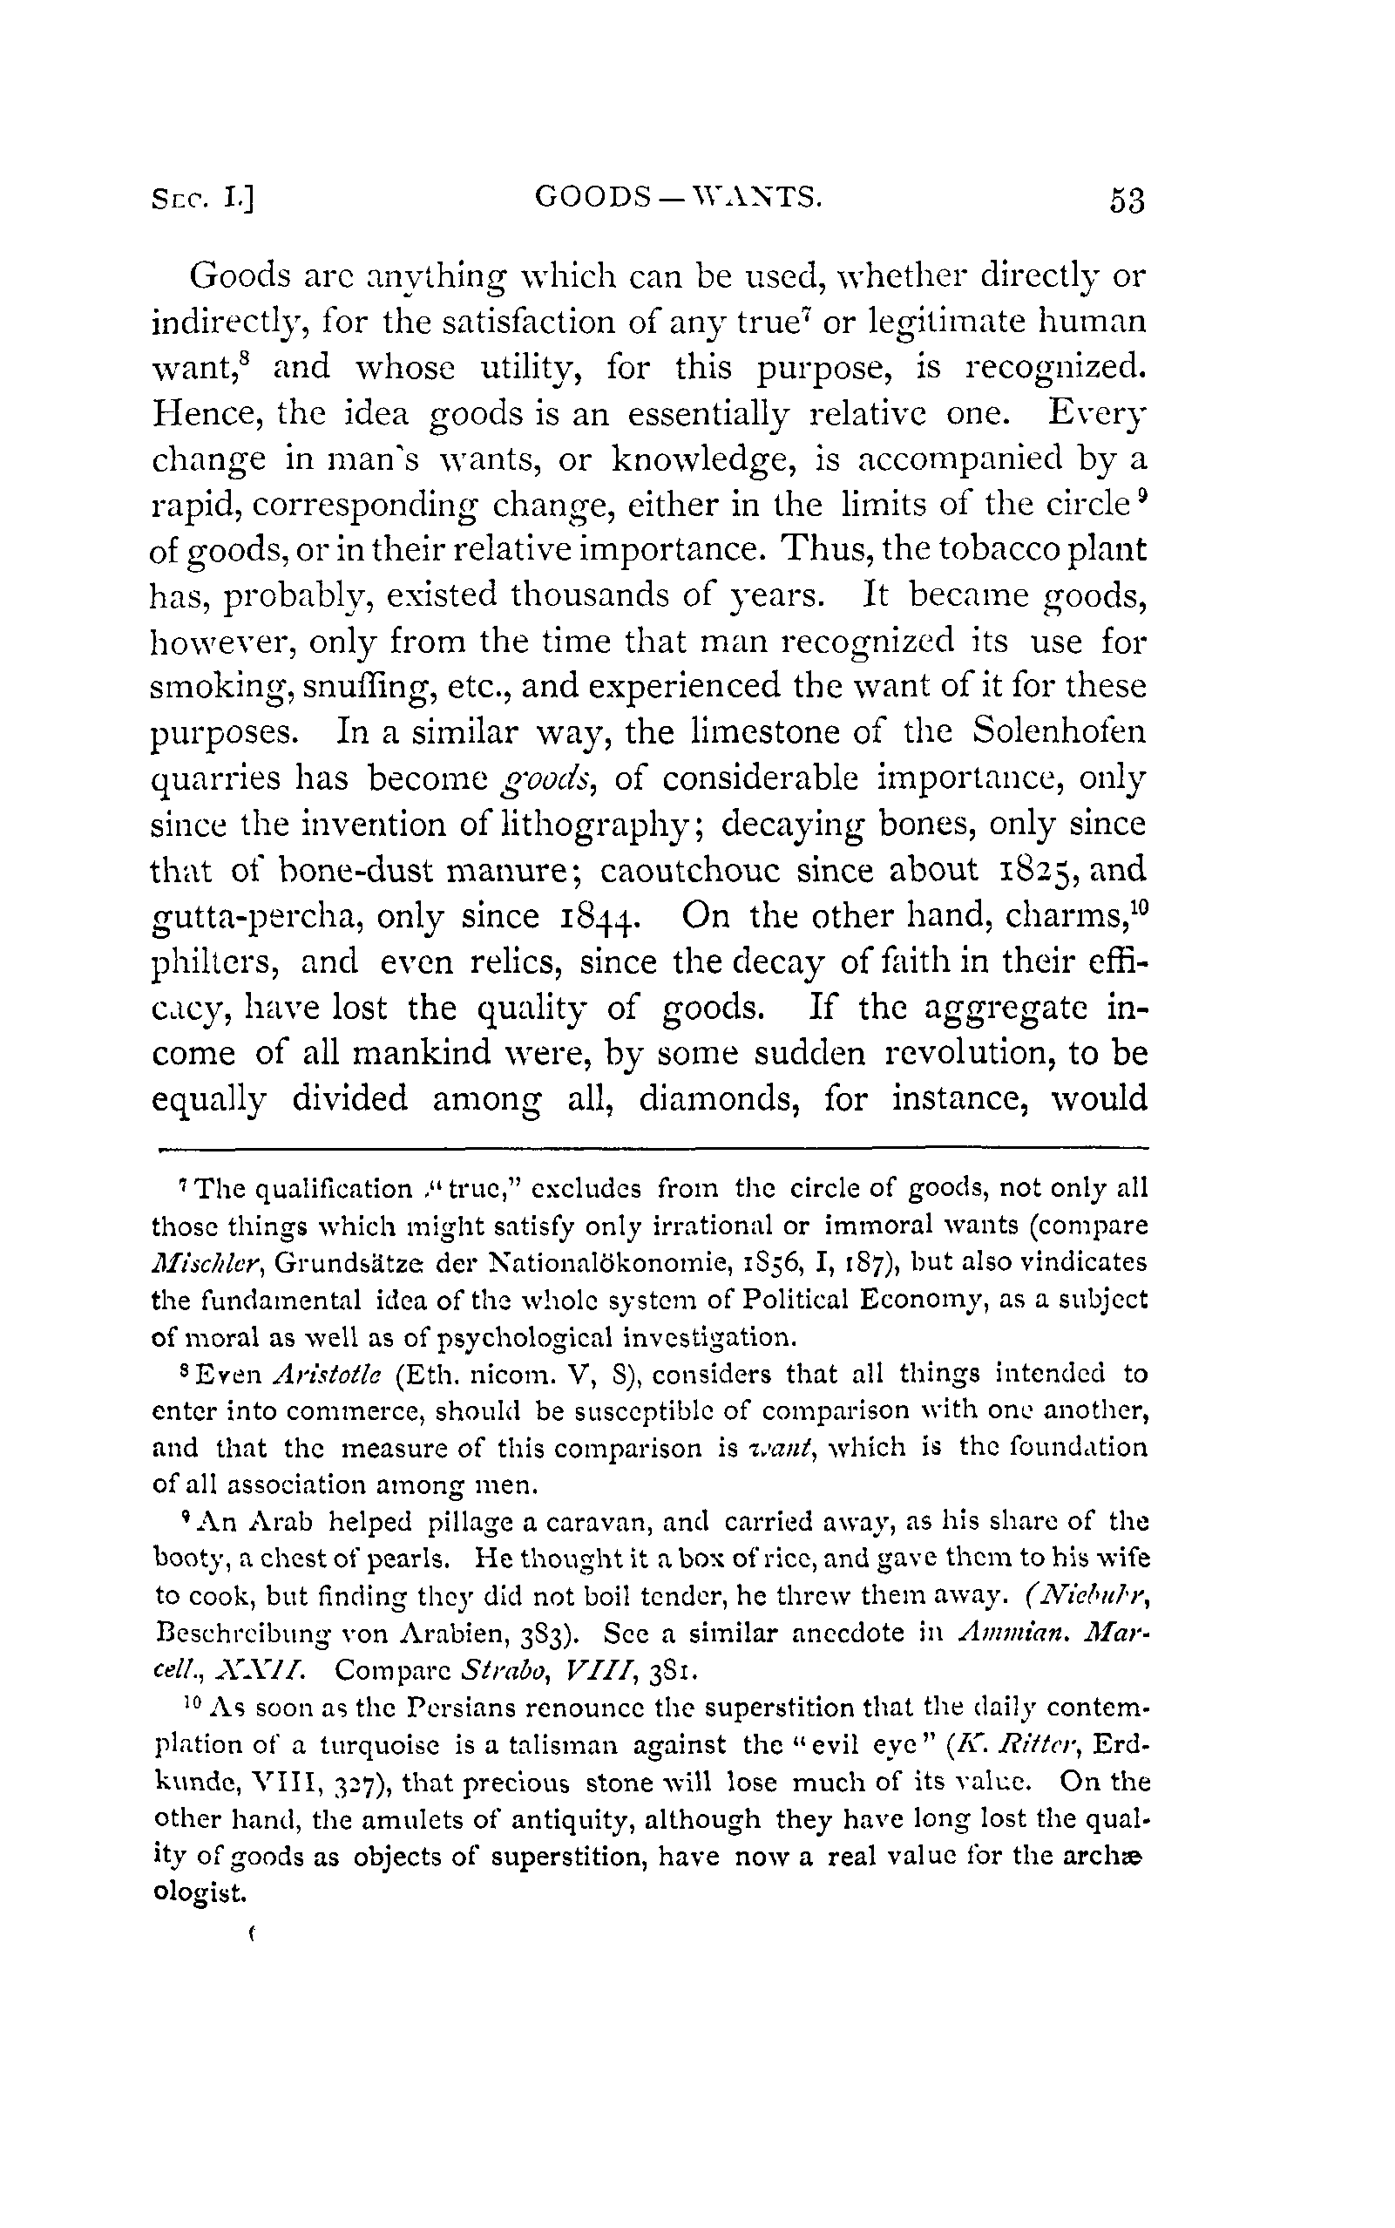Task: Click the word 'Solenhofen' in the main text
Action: [1060, 732]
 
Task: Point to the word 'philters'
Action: [215, 961]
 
